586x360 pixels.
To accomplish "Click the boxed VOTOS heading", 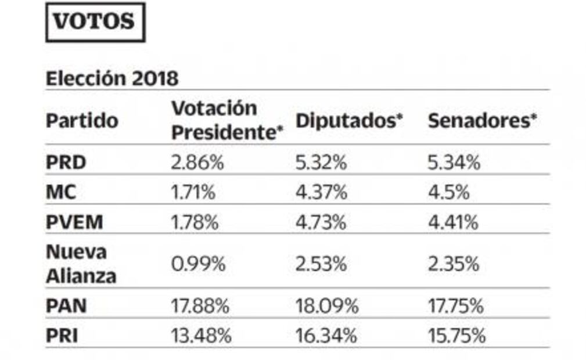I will coord(95,22).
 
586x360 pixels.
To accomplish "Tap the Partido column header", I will coord(82,121).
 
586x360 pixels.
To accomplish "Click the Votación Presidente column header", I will coord(227,120).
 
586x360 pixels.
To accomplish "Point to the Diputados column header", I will coord(349,121).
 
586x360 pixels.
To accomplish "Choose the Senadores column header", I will coord(482,121).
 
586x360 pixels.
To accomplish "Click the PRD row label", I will coord(66,163).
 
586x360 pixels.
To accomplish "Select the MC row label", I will coord(61,192).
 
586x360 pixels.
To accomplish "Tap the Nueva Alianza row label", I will coord(81,264).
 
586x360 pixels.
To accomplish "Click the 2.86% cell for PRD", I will coord(197,163).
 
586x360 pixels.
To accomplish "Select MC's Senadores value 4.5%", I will coord(448,192).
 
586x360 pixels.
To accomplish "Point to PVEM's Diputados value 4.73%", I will coord(321,222).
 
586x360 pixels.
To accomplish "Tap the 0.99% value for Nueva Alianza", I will coord(197,265).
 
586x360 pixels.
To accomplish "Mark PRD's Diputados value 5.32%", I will coord(321,163).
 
